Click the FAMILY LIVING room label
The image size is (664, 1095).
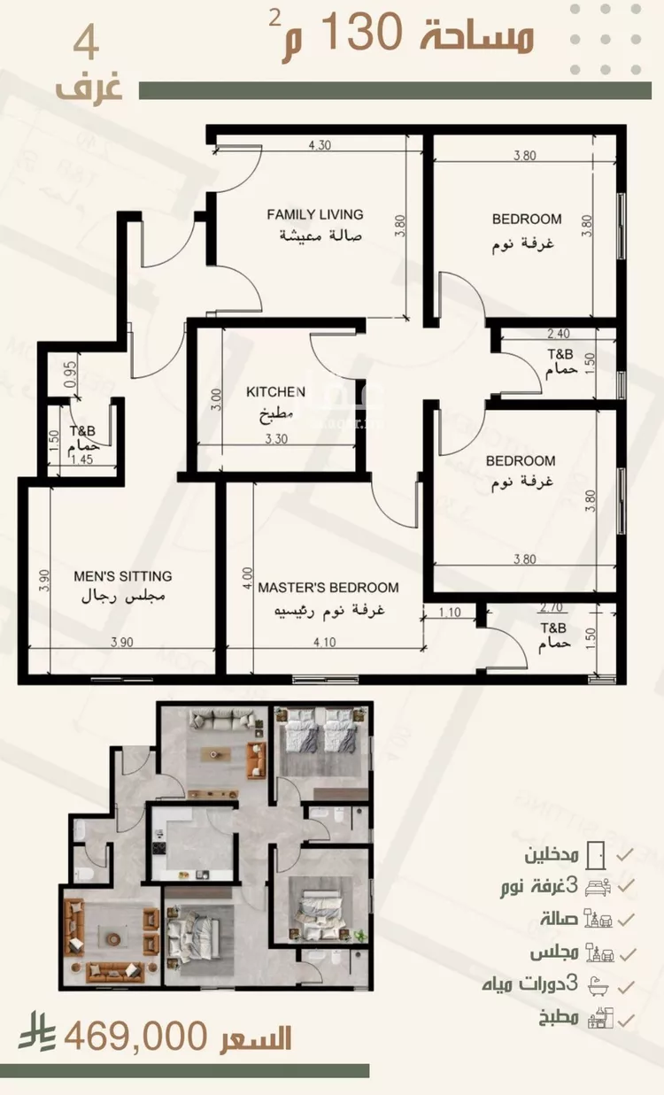(x=315, y=214)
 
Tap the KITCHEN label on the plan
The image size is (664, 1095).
(x=275, y=391)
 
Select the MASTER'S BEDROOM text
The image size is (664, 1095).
(x=328, y=588)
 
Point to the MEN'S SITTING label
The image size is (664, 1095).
(x=123, y=576)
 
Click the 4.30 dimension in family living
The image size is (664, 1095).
(x=320, y=145)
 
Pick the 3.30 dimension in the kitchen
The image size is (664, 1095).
(x=276, y=439)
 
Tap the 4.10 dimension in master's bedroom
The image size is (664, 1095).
(x=325, y=643)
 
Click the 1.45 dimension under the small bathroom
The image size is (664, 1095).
(x=82, y=459)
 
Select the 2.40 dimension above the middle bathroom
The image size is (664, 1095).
(x=559, y=334)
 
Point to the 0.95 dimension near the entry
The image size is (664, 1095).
(x=71, y=374)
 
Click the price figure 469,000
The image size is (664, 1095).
(x=135, y=1037)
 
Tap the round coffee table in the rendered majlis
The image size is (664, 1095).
(x=113, y=938)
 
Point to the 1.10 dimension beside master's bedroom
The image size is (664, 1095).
(x=450, y=612)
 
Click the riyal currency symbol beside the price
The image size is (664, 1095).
(x=36, y=1031)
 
